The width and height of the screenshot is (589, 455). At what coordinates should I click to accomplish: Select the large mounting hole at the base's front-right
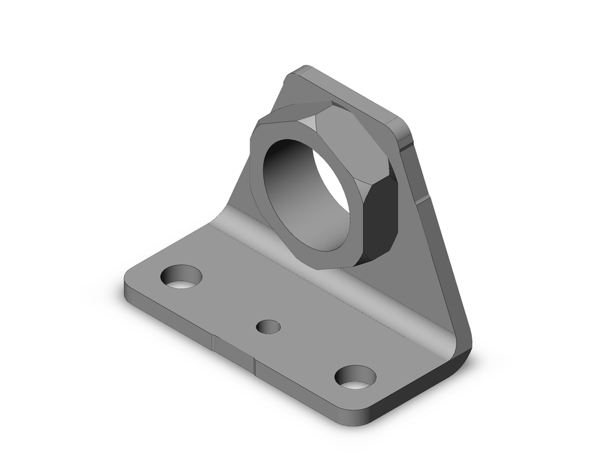355,377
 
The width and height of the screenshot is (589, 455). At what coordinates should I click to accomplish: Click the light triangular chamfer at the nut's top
310,123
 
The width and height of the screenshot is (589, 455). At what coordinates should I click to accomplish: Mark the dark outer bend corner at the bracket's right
462,348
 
